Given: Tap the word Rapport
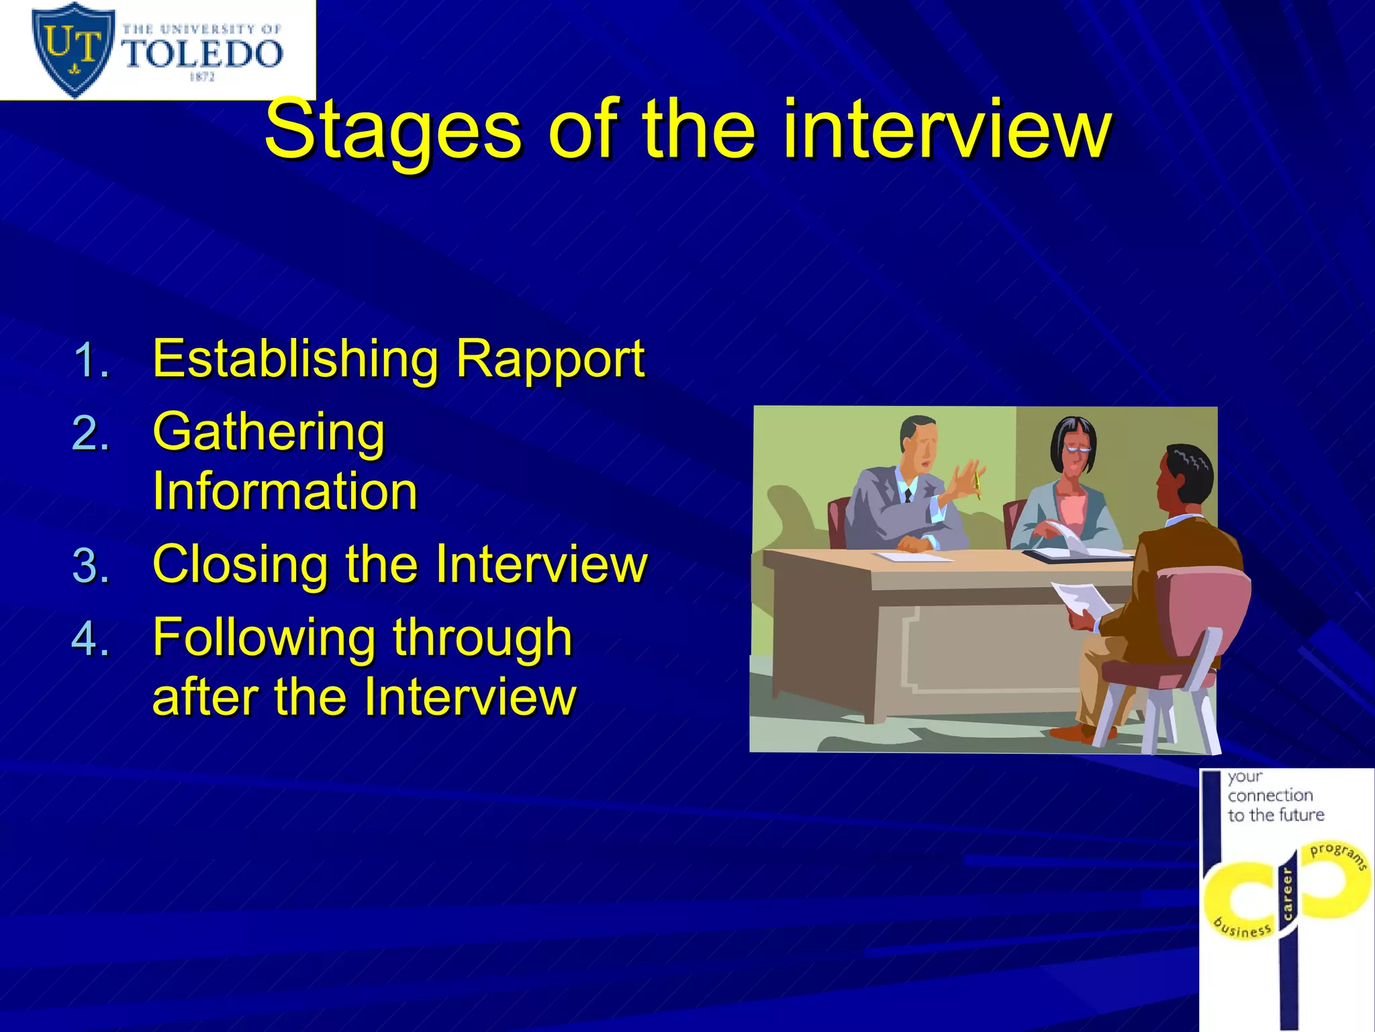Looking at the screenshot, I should coord(550,359).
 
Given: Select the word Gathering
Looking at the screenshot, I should coord(269,432).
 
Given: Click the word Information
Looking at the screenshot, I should coord(285,491).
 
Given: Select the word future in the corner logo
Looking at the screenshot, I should coord(1300,815).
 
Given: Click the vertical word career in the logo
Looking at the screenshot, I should coord(1287,894).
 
